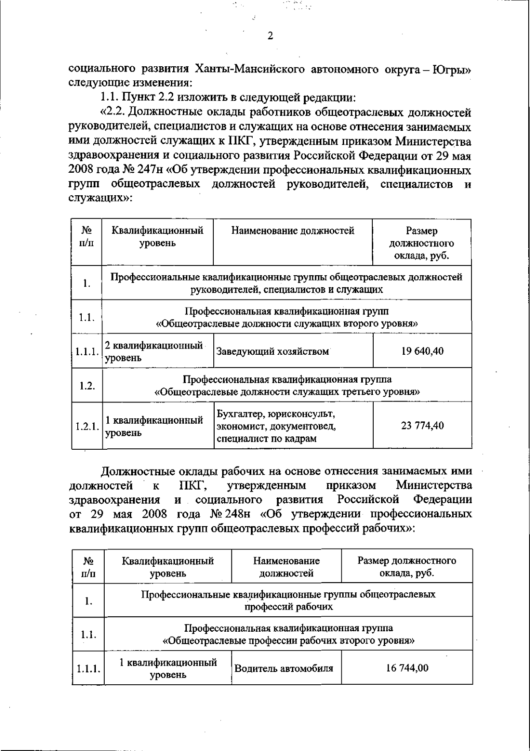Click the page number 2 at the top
(270, 36)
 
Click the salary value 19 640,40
(422, 351)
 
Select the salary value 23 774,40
(422, 425)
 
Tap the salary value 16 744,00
(407, 668)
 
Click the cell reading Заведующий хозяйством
(273, 352)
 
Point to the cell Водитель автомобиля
(284, 668)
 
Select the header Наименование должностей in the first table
(293, 231)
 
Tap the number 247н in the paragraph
(144, 170)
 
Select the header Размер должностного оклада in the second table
(407, 567)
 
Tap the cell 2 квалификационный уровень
(154, 352)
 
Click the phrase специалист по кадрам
(266, 439)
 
